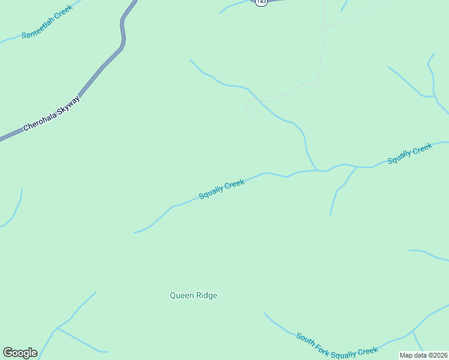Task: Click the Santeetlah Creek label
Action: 47,22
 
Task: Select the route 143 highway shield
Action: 261,2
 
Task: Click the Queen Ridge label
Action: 193,295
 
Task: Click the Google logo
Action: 20,353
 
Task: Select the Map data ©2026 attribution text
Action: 423,355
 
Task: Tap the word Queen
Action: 181,295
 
